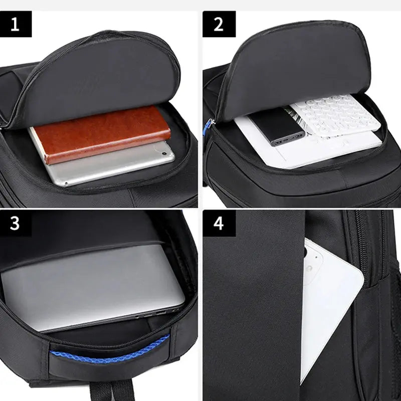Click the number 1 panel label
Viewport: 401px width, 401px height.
[x=15, y=24]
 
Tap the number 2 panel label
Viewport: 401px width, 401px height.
[x=219, y=24]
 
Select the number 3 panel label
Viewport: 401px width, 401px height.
[x=15, y=223]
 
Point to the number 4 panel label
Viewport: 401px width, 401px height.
[x=219, y=223]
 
